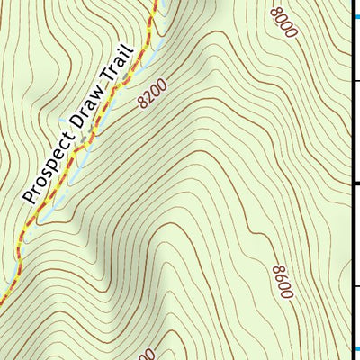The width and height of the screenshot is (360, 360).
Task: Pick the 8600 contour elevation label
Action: point(283,282)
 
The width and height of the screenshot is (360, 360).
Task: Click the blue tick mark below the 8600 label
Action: point(355,349)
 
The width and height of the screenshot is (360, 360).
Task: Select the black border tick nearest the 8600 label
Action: point(355,286)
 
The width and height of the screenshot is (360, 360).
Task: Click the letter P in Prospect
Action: point(28,197)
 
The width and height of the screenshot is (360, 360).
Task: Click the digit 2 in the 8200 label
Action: point(149,98)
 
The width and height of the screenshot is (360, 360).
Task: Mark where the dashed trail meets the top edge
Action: point(156,2)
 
